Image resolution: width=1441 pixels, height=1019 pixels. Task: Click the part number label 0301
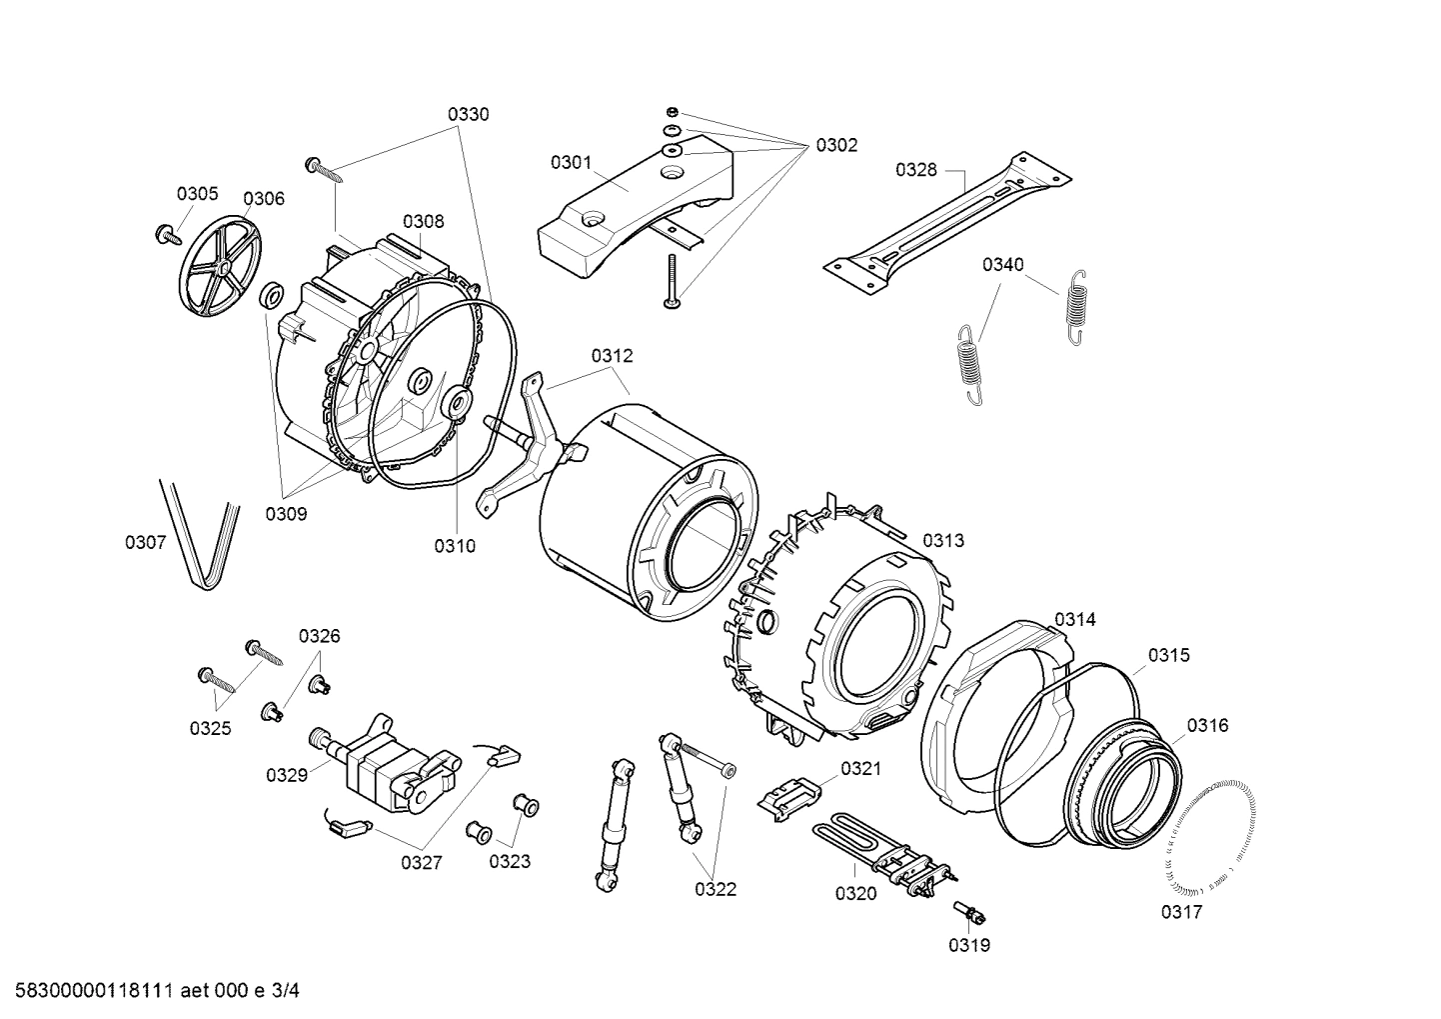coord(571,162)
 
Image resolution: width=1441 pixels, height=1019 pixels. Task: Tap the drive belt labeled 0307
coord(202,534)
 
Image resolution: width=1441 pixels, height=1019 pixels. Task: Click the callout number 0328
coord(915,169)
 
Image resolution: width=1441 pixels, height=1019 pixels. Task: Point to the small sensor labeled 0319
coord(970,912)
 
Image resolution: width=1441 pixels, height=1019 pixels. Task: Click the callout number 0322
coord(716,888)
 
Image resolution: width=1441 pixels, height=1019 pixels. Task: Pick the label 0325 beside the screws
coord(211,728)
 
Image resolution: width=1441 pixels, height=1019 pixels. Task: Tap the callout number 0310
coord(455,546)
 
